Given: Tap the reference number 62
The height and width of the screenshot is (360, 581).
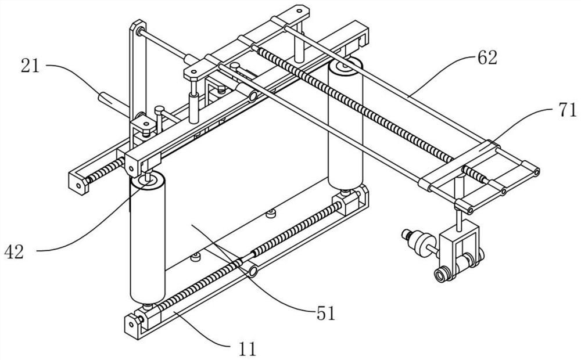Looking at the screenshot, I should point(486,58).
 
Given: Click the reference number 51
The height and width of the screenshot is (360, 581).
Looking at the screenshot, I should point(325,314).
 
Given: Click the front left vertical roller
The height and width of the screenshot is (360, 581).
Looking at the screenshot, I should point(147,244).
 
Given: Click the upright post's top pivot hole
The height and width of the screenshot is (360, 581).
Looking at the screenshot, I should point(138,29).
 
